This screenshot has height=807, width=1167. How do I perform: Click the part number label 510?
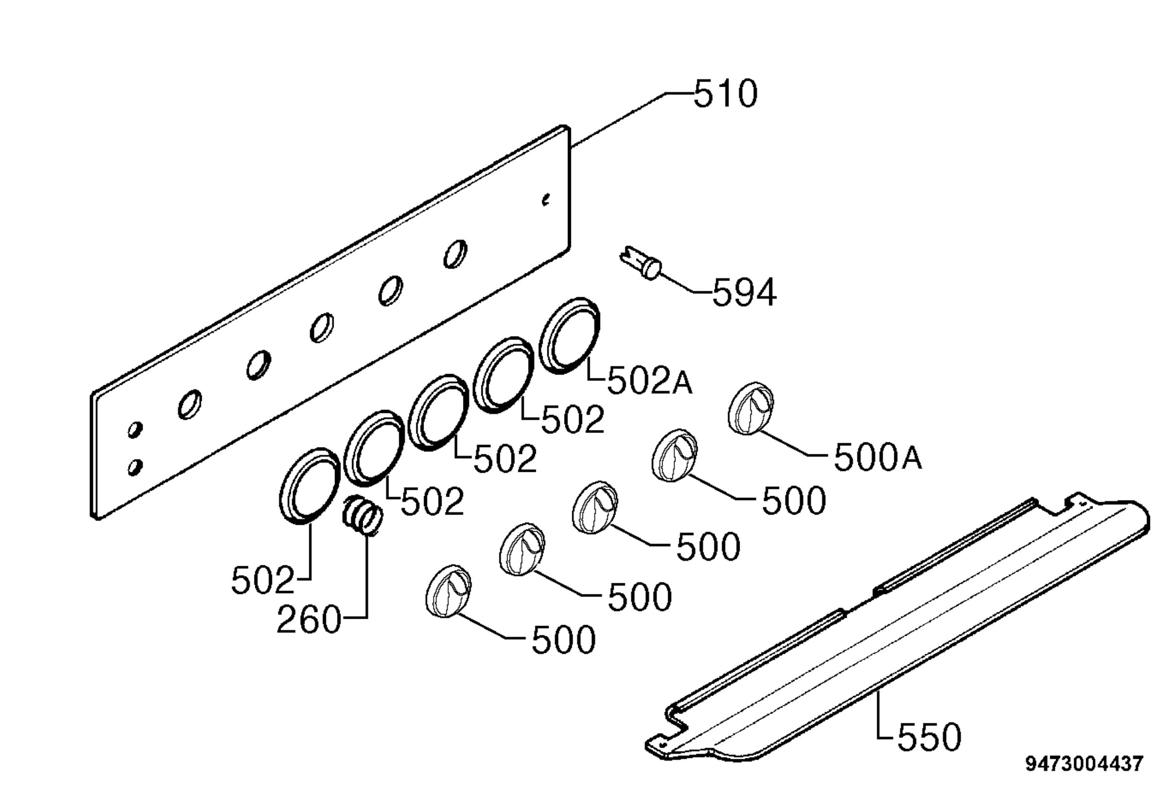point(725,93)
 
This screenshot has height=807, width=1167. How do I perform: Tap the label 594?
point(744,292)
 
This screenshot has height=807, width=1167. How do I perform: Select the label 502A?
point(650,380)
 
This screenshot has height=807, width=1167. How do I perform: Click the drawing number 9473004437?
point(1083,764)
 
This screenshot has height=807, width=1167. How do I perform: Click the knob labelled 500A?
point(751,408)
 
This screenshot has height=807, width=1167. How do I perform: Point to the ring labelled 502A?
point(569,336)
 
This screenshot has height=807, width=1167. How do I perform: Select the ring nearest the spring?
point(309,486)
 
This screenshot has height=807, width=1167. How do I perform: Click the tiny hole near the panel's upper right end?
point(546,200)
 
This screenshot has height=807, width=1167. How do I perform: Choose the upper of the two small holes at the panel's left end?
point(135,430)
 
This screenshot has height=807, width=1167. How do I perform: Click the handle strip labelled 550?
point(898,627)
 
